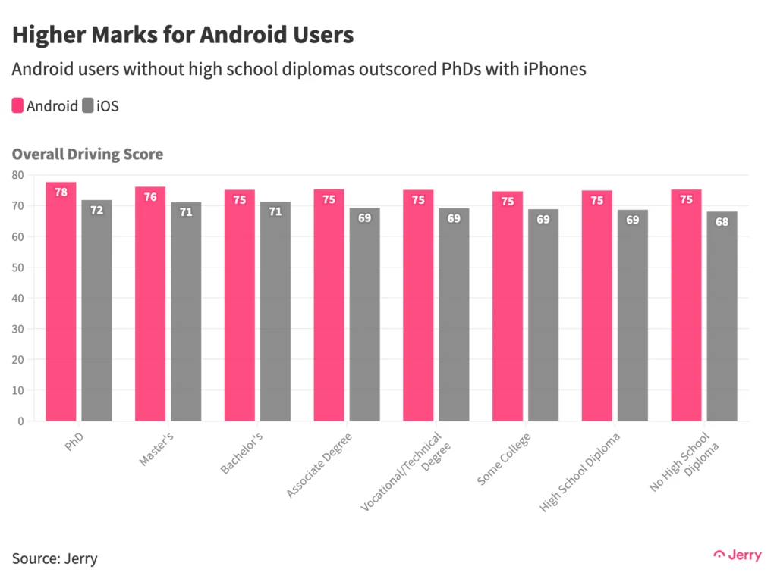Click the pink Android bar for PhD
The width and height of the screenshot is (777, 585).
click(61, 303)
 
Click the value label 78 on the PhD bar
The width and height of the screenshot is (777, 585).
click(61, 192)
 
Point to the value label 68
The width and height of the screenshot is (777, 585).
click(722, 222)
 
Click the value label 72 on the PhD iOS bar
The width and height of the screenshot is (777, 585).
click(97, 210)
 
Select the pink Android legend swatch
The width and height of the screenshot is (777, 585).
click(17, 105)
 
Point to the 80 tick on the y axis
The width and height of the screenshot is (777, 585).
click(17, 175)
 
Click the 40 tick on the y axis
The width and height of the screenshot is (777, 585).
click(17, 298)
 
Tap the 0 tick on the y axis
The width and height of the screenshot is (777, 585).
click(20, 421)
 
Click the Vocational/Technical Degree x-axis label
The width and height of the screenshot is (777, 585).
click(407, 470)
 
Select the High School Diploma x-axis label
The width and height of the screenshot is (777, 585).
click(580, 471)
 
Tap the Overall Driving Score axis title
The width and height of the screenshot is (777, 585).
click(87, 154)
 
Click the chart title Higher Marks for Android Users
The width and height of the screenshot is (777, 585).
click(183, 35)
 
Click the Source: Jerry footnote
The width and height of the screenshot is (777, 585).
click(55, 559)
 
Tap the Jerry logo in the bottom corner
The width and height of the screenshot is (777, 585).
click(738, 555)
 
